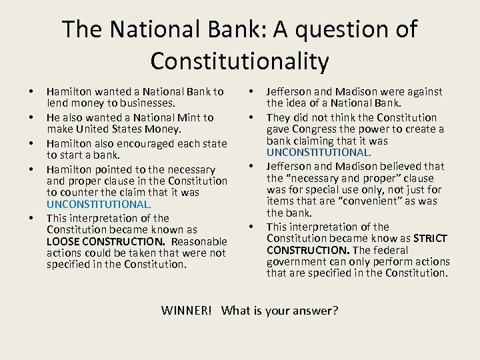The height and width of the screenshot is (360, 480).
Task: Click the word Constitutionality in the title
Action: click(239, 61)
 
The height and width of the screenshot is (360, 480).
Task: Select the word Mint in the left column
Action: click(189, 117)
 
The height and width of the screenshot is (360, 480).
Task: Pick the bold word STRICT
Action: click(430, 238)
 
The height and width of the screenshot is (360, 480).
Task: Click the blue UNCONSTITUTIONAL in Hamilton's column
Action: click(99, 205)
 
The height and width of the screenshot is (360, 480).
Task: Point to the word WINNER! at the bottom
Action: click(187, 311)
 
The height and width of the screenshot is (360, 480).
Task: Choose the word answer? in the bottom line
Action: click(314, 311)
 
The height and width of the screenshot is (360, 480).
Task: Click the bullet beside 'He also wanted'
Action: click(31, 118)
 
